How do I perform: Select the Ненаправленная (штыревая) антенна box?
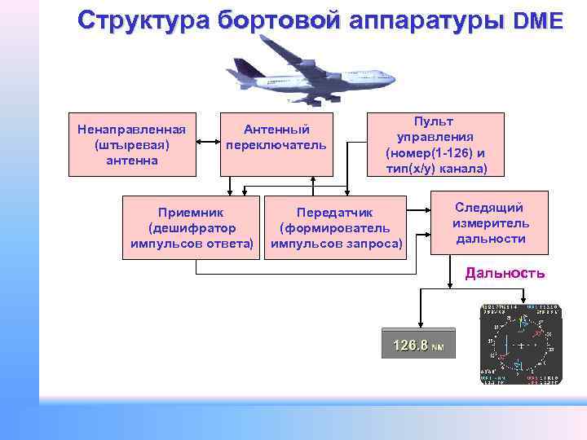131,143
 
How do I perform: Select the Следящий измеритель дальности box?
490,222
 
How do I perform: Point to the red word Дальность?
505,273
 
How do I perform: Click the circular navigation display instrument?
520,345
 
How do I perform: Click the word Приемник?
192,213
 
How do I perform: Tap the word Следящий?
490,207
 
